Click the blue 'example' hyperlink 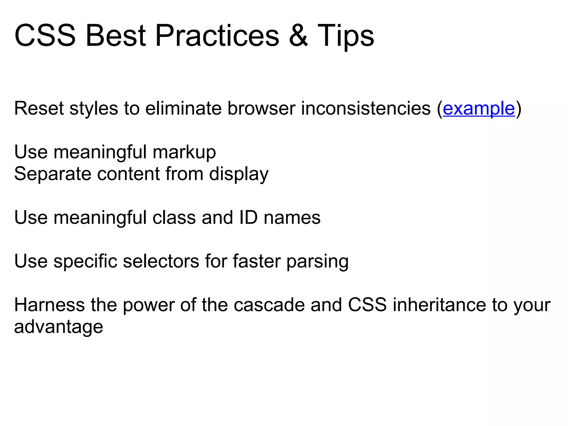[x=479, y=108]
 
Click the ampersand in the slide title [x=298, y=36]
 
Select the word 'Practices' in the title [x=217, y=36]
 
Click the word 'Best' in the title [x=115, y=36]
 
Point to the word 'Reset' [x=39, y=108]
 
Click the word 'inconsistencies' [x=366, y=108]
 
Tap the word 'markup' [x=184, y=153]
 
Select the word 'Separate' [x=53, y=174]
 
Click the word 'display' [x=239, y=174]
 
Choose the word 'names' [x=292, y=218]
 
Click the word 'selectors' [x=161, y=262]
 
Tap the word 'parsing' [x=317, y=262]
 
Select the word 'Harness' [x=49, y=305]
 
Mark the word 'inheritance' [x=439, y=305]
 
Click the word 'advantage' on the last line [x=59, y=327]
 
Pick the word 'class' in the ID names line [x=174, y=218]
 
